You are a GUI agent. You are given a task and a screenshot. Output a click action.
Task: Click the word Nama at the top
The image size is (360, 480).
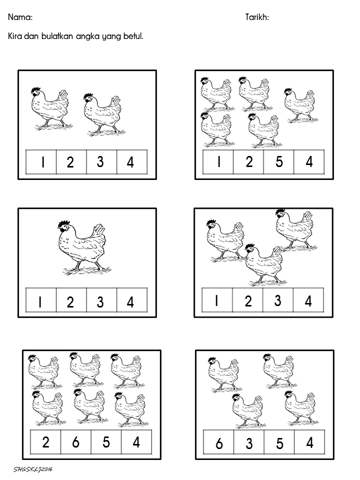pyautogui.click(x=19, y=17)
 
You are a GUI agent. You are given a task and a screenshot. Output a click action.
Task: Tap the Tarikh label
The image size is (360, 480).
pyautogui.click(x=256, y=17)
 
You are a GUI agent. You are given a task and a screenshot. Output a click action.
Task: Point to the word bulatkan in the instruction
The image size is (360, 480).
pyautogui.click(x=57, y=36)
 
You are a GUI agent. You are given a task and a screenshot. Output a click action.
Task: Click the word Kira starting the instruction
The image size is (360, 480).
pyautogui.click(x=14, y=36)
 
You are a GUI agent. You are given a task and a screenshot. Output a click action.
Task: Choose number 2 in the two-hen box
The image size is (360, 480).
pyautogui.click(x=70, y=162)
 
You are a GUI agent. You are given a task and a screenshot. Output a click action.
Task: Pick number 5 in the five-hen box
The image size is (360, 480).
pyautogui.click(x=279, y=161)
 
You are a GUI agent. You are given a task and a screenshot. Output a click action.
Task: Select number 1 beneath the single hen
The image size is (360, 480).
pyautogui.click(x=40, y=302)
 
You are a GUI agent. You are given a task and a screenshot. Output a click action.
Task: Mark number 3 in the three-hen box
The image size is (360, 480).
pyautogui.click(x=277, y=300)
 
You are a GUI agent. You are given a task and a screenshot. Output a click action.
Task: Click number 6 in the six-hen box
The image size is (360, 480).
pyautogui.click(x=75, y=442)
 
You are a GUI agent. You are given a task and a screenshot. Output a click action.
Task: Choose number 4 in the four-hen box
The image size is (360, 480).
pyautogui.click(x=310, y=442)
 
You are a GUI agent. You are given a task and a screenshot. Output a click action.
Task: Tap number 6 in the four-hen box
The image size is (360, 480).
pyautogui.click(x=219, y=443)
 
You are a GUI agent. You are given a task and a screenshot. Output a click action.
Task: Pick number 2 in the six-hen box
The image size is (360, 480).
pyautogui.click(x=45, y=442)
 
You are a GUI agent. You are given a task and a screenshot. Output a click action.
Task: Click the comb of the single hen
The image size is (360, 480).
pyautogui.click(x=64, y=223)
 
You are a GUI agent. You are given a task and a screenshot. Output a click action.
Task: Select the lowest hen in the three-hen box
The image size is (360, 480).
pyautogui.click(x=265, y=264)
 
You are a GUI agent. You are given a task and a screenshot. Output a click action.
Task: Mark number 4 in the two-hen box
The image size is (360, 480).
pyautogui.click(x=130, y=162)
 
